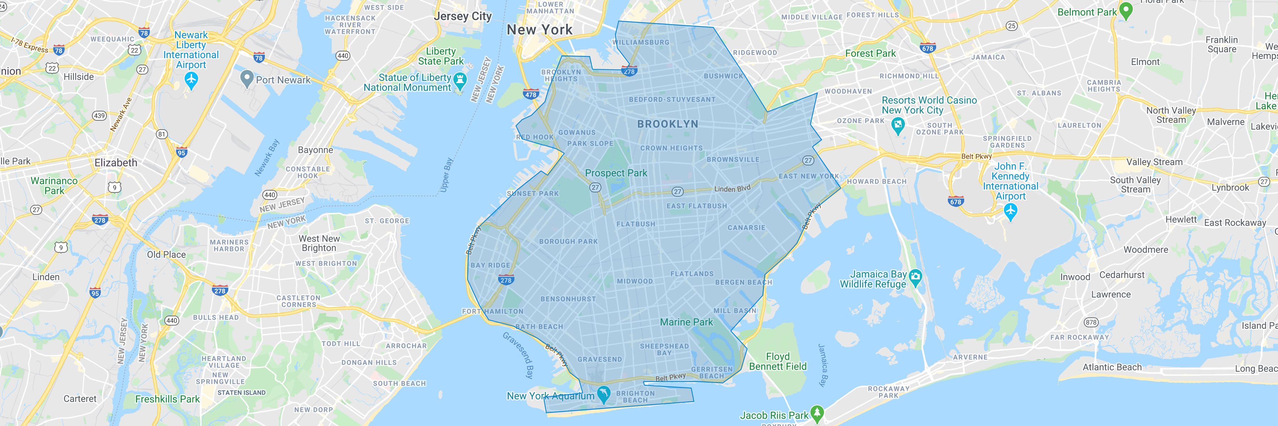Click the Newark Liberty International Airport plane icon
[191, 80]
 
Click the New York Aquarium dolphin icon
[603, 394]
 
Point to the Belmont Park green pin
[1126, 10]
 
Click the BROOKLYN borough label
[667, 124]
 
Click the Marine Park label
[686, 322]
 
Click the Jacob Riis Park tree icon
[816, 413]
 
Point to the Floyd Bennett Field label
[777, 361]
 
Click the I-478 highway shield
[530, 94]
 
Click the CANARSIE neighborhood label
[746, 228]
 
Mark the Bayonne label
[316, 150]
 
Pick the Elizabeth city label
[116, 163]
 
